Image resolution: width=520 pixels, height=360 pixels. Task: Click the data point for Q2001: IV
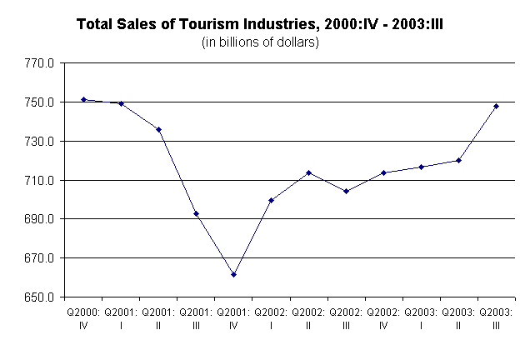pyautogui.click(x=234, y=274)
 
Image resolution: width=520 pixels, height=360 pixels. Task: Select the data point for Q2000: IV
pyautogui.click(x=83, y=99)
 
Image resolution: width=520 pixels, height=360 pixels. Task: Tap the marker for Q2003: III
pyautogui.click(x=497, y=106)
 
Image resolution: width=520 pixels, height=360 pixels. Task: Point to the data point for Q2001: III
pyautogui.click(x=196, y=214)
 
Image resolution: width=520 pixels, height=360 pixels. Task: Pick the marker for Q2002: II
pyautogui.click(x=308, y=172)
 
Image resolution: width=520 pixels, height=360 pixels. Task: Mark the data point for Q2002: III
pyautogui.click(x=346, y=191)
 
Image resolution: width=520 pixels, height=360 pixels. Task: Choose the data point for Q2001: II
pyautogui.click(x=158, y=129)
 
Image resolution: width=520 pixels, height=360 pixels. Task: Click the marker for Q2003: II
pyautogui.click(x=459, y=160)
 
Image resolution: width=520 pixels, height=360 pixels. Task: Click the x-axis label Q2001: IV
pyautogui.click(x=234, y=320)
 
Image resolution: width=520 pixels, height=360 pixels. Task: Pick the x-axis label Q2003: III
pyautogui.click(x=497, y=320)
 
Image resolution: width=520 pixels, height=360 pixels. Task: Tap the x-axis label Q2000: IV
pyautogui.click(x=83, y=320)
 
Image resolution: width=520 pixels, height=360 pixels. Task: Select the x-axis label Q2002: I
pyautogui.click(x=271, y=320)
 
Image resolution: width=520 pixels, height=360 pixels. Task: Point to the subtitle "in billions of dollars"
pyautogui.click(x=261, y=42)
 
